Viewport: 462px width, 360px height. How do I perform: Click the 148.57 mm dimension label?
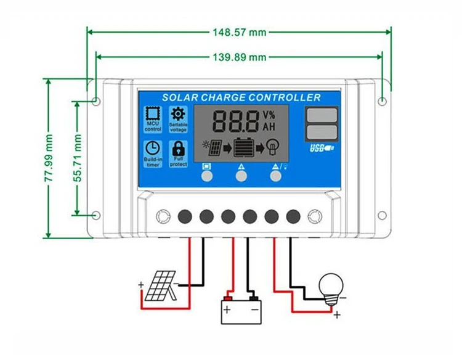pos(239,31)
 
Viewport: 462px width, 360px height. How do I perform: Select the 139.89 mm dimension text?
pos(239,57)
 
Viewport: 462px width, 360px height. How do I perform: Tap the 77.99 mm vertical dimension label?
pos(49,158)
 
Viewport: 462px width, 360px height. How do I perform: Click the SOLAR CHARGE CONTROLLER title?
pos(241,97)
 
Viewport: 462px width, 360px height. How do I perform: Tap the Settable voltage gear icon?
pos(178,114)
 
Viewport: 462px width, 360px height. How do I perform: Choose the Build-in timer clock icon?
pos(152,149)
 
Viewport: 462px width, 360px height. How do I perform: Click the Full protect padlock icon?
pos(179,149)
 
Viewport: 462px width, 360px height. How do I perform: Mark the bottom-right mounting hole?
pos(382,215)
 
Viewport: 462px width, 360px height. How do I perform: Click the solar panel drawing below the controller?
pos(160,287)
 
